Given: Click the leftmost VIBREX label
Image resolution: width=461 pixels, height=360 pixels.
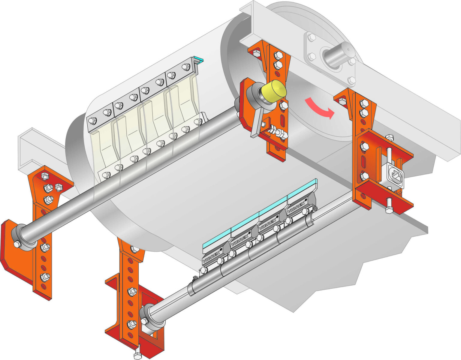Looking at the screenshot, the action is click(211, 257).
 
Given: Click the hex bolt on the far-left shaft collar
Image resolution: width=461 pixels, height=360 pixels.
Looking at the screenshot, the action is click(17, 244).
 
